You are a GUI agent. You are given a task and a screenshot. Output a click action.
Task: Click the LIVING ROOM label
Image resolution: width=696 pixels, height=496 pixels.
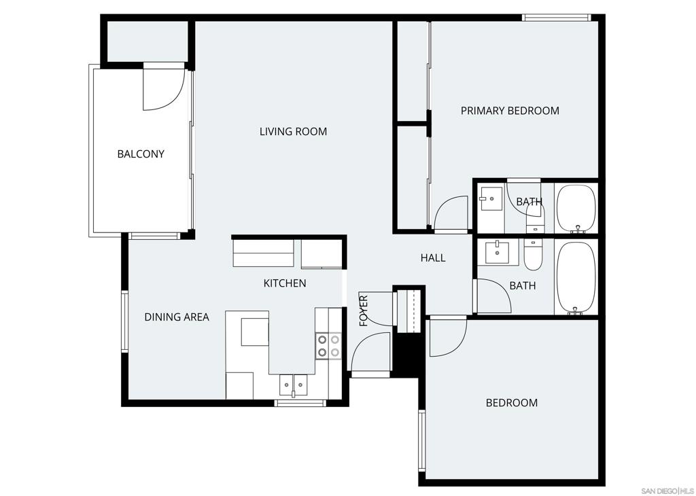tap(293, 131)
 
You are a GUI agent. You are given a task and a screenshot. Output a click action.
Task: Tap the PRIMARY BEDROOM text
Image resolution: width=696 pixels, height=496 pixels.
tap(510, 110)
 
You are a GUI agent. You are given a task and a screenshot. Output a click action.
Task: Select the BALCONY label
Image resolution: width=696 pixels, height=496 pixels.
tap(141, 154)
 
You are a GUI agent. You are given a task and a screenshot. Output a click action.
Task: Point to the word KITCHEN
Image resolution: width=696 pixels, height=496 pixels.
tap(284, 283)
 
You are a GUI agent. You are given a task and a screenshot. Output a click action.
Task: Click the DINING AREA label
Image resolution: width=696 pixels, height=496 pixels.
tap(176, 317)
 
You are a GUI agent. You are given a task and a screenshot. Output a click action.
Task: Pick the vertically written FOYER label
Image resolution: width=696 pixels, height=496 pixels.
tap(364, 311)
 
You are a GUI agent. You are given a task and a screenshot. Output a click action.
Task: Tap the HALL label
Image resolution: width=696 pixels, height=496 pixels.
tap(432, 258)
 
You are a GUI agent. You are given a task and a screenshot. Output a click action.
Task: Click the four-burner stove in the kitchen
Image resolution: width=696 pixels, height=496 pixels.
tap(328, 345)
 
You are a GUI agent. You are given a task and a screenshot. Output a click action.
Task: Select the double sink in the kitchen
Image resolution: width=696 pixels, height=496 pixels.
tap(294, 385)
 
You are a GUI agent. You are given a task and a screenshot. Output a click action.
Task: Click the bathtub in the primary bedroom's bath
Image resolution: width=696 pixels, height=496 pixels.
tap(576, 208)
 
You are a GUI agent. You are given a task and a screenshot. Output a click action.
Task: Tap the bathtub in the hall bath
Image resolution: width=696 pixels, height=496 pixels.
tap(576, 277)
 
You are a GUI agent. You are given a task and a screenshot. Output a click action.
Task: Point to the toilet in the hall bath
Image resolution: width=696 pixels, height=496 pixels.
tap(533, 255)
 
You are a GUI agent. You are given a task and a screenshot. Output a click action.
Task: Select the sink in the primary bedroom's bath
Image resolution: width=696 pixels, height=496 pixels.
tap(490, 199)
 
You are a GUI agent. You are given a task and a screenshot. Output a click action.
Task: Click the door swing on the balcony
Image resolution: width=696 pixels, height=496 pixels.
tap(163, 88)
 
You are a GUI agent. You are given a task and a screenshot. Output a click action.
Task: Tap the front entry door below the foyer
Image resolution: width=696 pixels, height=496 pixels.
tap(370, 353)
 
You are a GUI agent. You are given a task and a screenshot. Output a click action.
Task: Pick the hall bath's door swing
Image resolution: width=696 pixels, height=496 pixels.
tap(493, 296)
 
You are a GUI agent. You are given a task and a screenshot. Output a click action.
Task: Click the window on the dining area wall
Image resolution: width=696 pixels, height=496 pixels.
tap(124, 321)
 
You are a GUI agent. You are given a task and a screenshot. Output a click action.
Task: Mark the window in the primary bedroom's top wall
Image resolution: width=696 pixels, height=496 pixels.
tap(556, 18)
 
